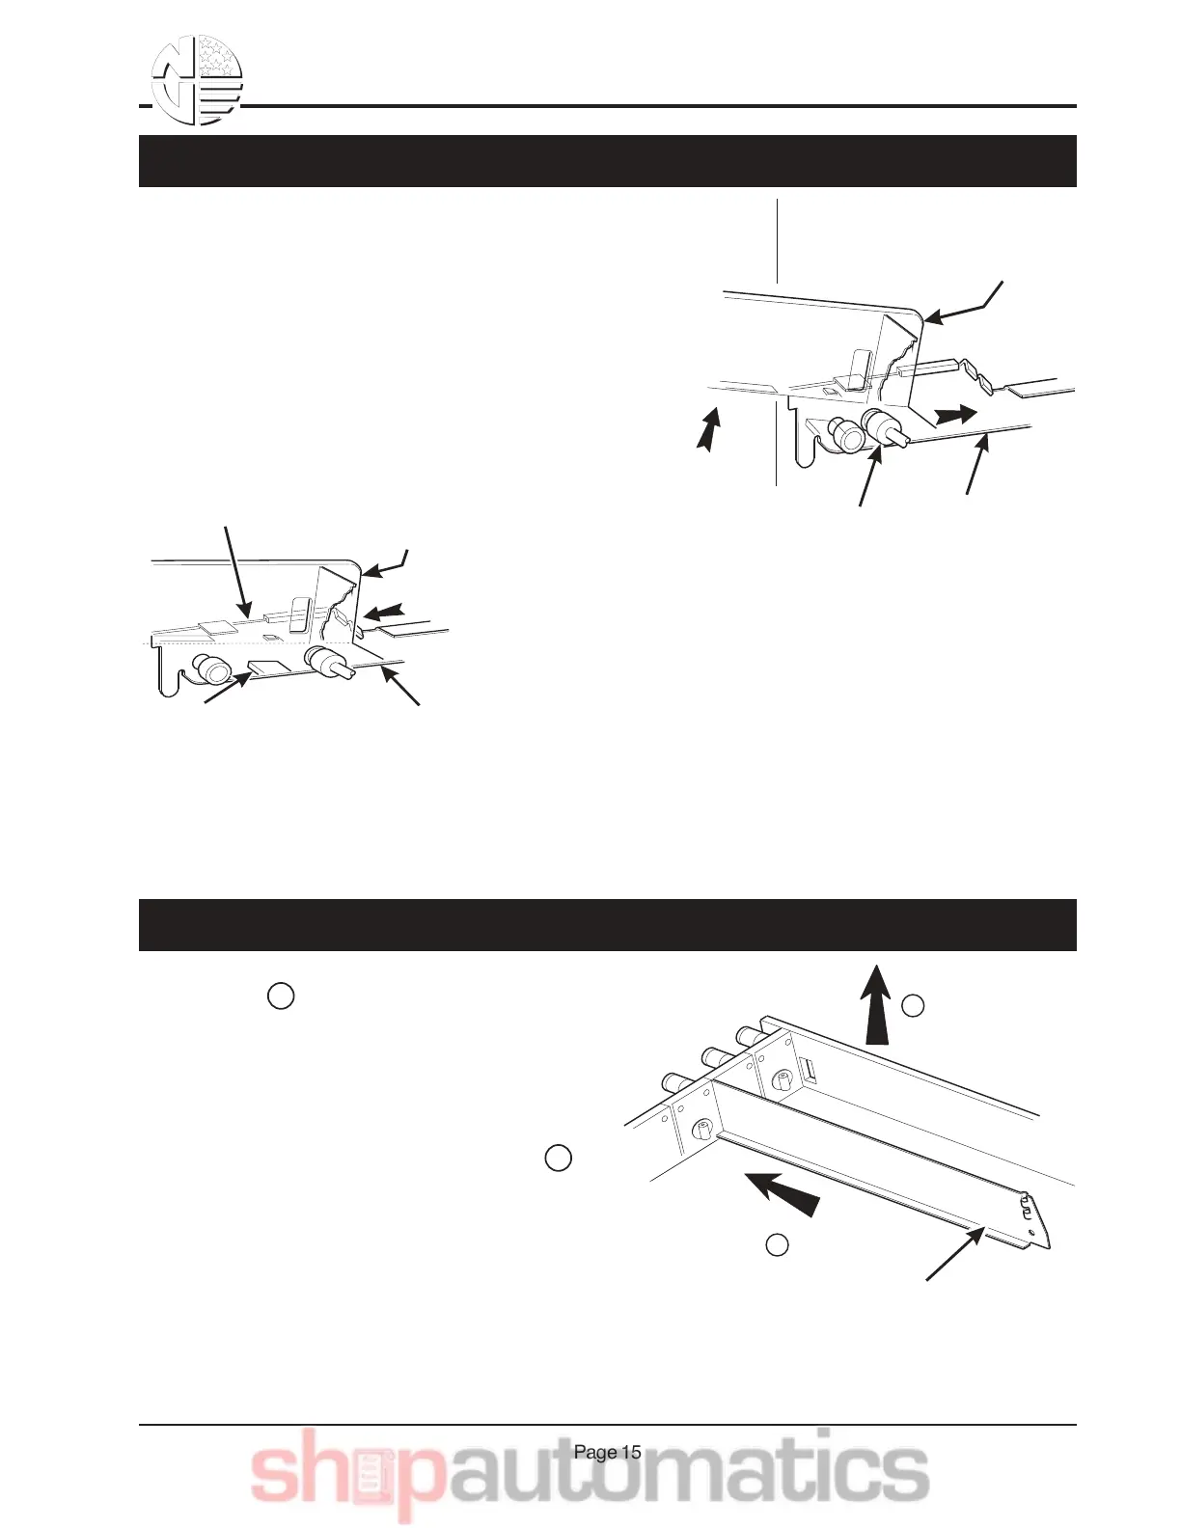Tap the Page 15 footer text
tap(607, 1453)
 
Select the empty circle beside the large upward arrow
tap(913, 1006)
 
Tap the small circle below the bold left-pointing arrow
tap(777, 1245)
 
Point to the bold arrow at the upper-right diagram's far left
tap(709, 429)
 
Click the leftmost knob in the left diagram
tap(208, 668)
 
